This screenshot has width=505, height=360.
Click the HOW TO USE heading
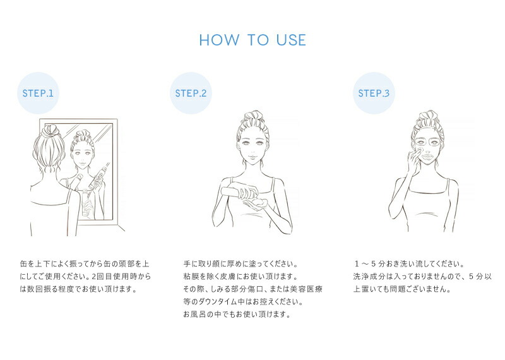(x=252, y=40)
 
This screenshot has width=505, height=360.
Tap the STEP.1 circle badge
(x=38, y=93)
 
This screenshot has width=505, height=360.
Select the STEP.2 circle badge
(x=191, y=93)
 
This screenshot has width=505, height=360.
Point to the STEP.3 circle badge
(x=374, y=93)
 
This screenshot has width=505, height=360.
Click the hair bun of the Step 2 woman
(x=254, y=117)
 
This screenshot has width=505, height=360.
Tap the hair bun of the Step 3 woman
(x=429, y=117)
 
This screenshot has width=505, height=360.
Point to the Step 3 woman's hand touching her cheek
(x=413, y=160)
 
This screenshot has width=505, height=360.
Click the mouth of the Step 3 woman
(x=429, y=157)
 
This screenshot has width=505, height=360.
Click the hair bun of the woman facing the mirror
(x=50, y=131)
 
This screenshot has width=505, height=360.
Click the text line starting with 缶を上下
(x=85, y=264)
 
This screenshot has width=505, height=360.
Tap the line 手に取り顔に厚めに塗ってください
(x=241, y=264)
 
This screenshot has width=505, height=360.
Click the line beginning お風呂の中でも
(x=237, y=315)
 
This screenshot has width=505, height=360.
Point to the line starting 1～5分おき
(x=409, y=264)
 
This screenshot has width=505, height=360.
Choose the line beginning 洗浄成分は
(x=422, y=277)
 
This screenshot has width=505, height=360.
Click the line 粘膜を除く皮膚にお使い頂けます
(x=241, y=277)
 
